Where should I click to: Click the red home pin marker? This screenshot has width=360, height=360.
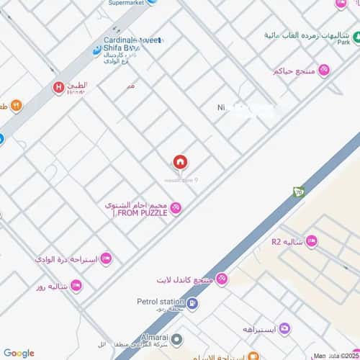point(179,163)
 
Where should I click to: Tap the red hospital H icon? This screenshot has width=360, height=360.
point(58,88)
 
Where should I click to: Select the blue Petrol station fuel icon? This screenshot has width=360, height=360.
point(192,304)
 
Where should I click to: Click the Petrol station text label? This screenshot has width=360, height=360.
point(157,302)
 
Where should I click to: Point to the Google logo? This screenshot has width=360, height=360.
point(19,353)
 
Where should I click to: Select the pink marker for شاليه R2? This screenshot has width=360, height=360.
point(311,241)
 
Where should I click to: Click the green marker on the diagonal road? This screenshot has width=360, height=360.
point(299,192)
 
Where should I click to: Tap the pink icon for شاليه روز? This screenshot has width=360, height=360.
point(76,286)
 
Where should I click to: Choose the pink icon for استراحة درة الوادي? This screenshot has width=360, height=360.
point(105,258)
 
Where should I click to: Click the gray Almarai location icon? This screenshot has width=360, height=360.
point(178,338)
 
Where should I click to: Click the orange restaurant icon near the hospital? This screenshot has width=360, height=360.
point(16,106)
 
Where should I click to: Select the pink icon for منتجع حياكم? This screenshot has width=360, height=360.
point(325,70)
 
